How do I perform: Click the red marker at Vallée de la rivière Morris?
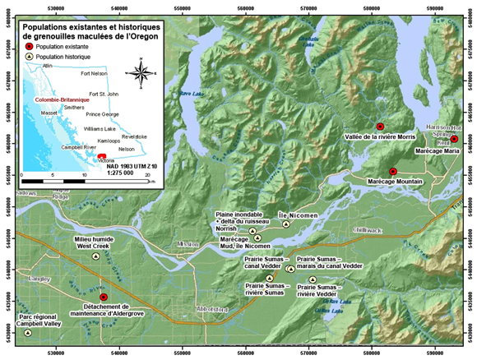point(380,127)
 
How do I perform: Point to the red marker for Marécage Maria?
point(454,140)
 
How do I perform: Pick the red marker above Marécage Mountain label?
point(393,171)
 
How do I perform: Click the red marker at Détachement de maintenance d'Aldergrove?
point(104,297)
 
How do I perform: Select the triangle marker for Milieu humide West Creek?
point(96,256)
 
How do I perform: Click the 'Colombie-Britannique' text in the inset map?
point(62,99)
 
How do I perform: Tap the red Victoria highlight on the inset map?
point(101,155)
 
